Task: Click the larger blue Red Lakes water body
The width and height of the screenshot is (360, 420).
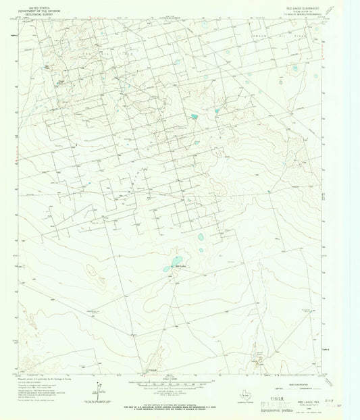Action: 175,261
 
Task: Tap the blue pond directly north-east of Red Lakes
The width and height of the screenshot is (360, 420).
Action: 201,238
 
